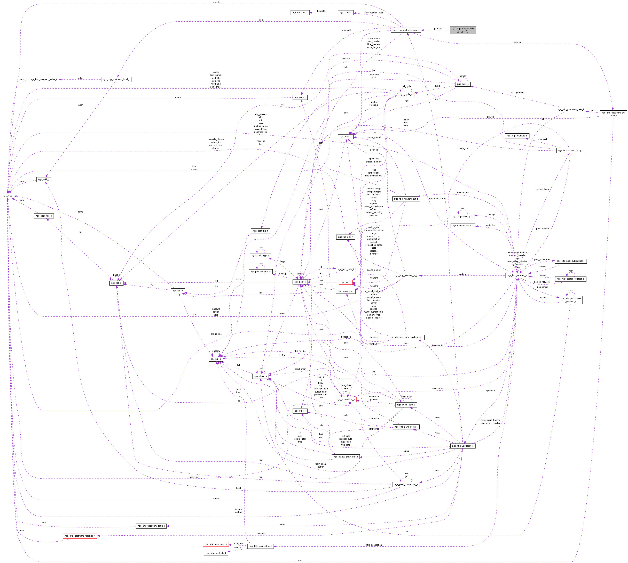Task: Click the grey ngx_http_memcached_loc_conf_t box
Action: tap(462, 30)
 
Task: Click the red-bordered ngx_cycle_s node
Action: tap(406, 94)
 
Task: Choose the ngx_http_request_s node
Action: tap(517, 275)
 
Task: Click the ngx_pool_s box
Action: tap(300, 282)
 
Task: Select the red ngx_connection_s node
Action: tap(345, 399)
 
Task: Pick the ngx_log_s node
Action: tap(116, 283)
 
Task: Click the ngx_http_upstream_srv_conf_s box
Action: tap(613, 114)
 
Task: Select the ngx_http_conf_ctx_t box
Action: tap(216, 553)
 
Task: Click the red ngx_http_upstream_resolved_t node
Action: tap(80, 536)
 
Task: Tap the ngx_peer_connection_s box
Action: tap(406, 484)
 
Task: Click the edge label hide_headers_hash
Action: tap(374, 13)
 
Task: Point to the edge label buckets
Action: tap(321, 11)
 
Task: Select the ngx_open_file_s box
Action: tap(44, 216)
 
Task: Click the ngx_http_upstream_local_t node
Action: tap(116, 79)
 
